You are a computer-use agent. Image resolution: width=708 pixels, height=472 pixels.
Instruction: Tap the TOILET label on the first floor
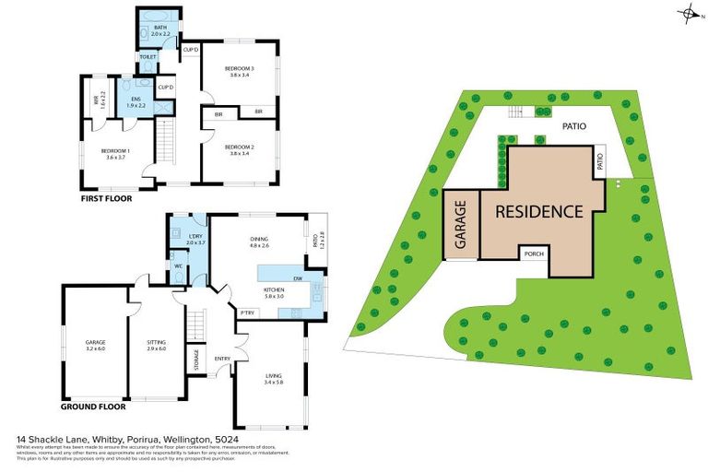click(147, 57)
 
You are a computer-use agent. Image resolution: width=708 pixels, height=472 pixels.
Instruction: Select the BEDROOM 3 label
click(239, 69)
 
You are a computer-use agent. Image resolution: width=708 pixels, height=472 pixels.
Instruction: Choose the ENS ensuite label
click(135, 98)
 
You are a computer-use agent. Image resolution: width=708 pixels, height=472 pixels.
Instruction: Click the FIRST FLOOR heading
click(106, 198)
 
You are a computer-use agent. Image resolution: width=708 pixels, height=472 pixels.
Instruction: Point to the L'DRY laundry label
click(195, 237)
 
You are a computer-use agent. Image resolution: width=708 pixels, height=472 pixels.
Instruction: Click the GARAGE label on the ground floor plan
click(96, 342)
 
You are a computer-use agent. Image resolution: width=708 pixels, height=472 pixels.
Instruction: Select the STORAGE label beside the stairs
click(196, 359)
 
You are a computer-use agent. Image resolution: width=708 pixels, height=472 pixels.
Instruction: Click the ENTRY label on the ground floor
click(222, 359)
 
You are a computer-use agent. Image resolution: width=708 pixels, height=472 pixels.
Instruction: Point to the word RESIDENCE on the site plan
click(539, 211)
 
